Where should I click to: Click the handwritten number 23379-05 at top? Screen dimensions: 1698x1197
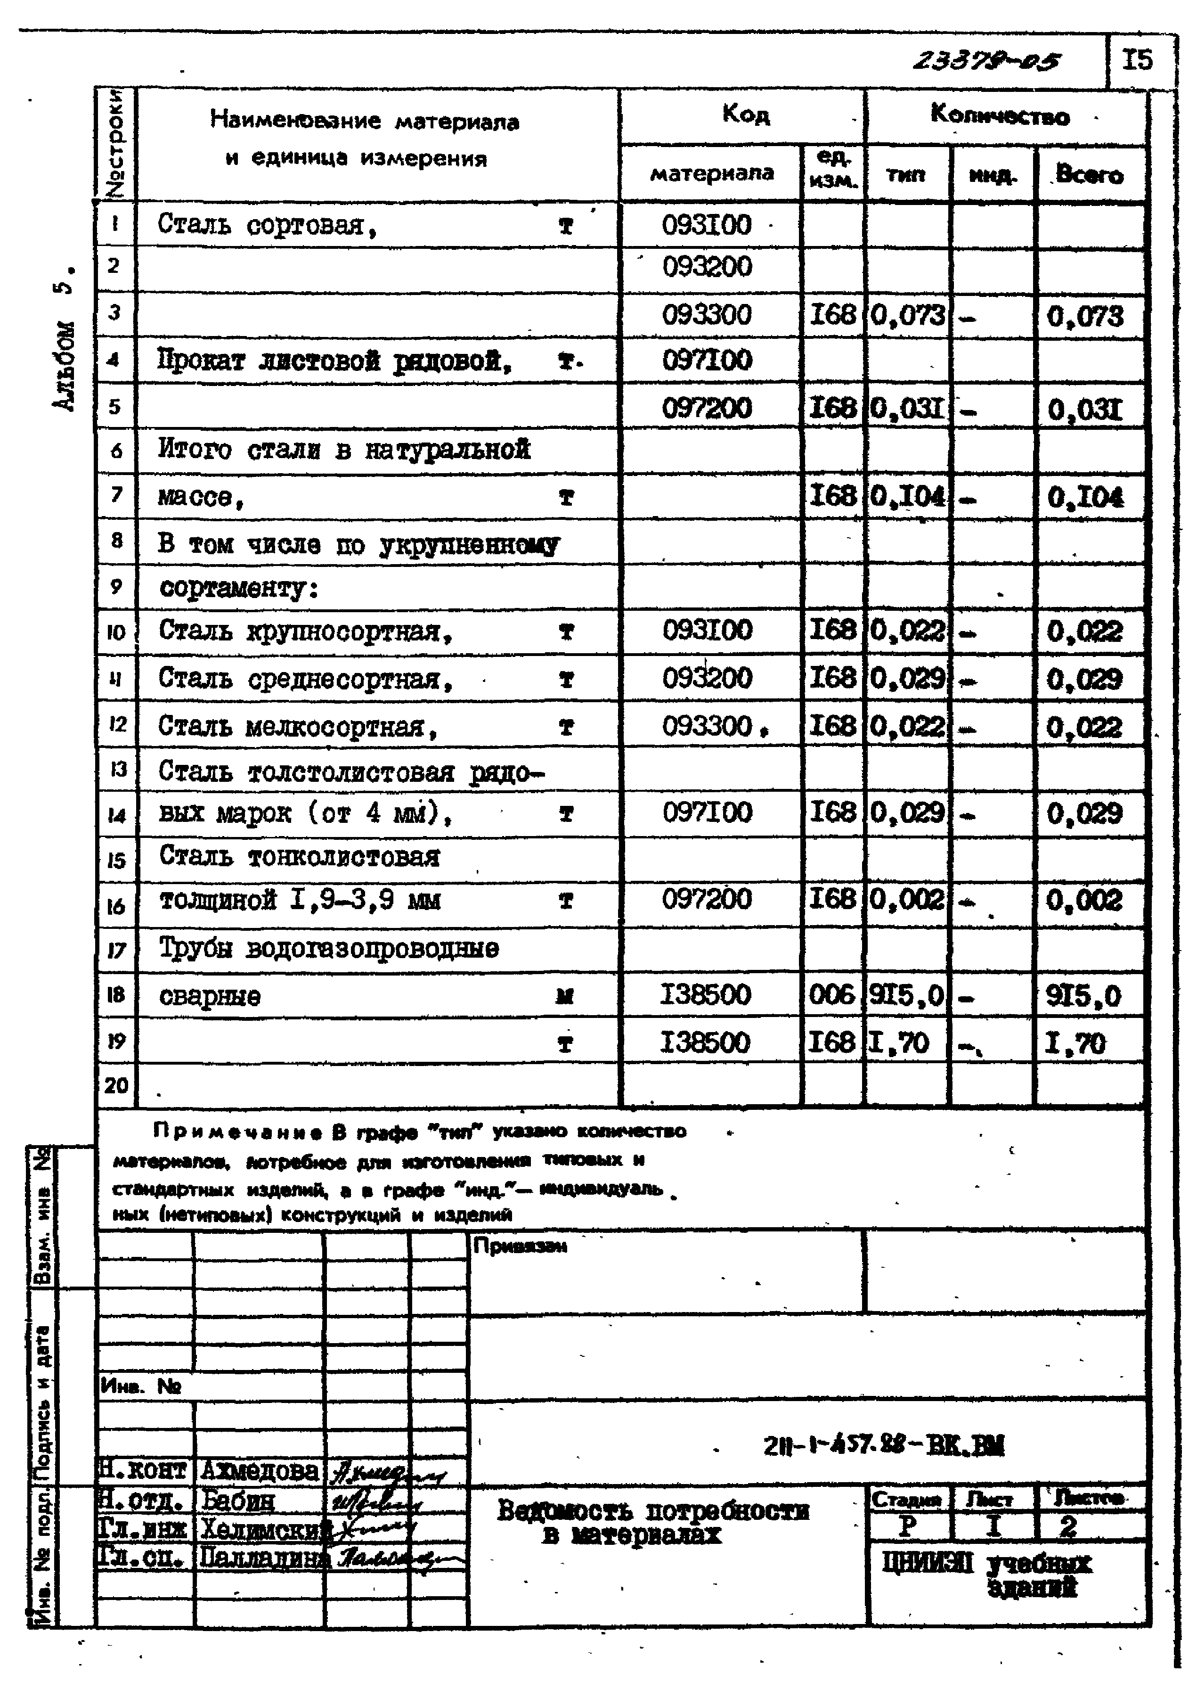point(986,61)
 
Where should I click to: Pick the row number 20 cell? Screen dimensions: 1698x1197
point(116,1085)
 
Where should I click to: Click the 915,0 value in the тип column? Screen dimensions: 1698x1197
point(906,995)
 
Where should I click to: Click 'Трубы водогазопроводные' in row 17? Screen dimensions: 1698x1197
point(329,949)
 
